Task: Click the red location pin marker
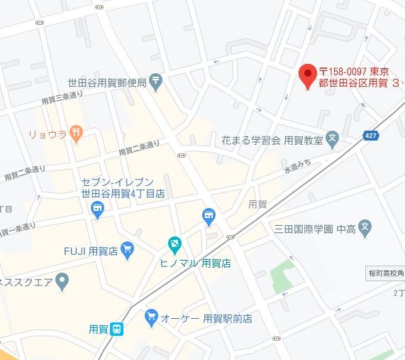[x=306, y=75]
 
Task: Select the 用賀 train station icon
[x=118, y=328]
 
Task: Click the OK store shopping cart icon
[x=151, y=317]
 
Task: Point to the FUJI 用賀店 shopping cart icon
[x=128, y=249]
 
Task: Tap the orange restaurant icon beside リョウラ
[x=77, y=132]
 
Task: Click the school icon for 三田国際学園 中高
[x=364, y=229]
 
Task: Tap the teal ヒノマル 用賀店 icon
[x=174, y=245]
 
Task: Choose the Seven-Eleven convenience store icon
[x=98, y=208]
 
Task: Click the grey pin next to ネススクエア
[x=62, y=283]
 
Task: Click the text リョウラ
[x=48, y=133]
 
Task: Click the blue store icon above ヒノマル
[x=209, y=215]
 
